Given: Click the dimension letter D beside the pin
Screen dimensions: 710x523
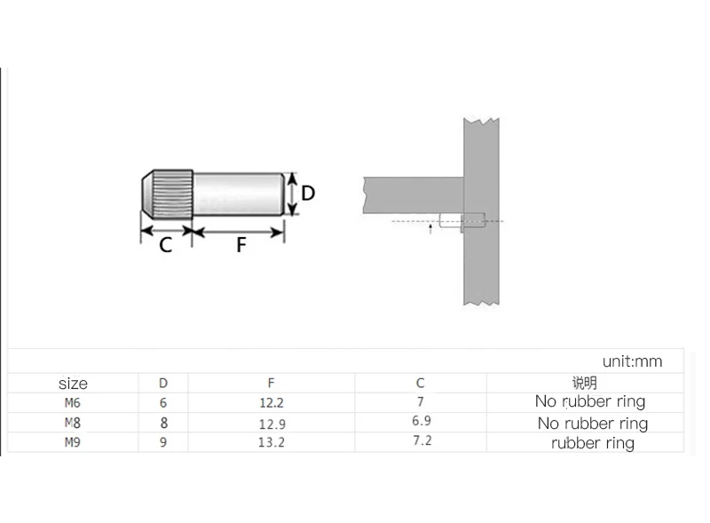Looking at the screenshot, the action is [308, 193].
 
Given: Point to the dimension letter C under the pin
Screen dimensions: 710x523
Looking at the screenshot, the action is [165, 245].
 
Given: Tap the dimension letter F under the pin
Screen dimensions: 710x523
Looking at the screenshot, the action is [241, 245].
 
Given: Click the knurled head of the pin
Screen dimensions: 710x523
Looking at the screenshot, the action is [168, 194].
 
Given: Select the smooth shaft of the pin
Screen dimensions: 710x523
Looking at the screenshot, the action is [239, 194].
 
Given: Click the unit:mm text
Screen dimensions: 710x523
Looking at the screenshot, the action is [632, 361].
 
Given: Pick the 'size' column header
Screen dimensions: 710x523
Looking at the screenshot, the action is [73, 384].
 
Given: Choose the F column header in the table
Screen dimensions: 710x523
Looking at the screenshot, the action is [271, 384].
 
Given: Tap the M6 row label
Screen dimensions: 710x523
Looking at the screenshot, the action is [73, 402].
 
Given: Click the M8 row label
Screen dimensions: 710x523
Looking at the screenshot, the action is [73, 423].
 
